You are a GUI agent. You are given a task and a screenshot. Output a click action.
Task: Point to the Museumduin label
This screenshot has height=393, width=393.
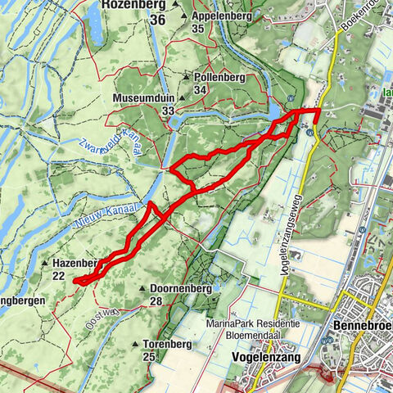point(142,97)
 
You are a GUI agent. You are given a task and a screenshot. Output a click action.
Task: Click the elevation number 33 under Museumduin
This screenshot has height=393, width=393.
point(168,110)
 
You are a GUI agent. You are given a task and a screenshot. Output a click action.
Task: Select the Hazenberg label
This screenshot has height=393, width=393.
point(74,264)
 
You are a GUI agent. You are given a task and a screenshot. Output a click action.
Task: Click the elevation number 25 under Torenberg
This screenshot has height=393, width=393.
point(149,356)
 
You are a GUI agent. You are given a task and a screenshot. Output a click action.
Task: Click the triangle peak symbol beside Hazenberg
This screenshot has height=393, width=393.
point(43,264)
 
